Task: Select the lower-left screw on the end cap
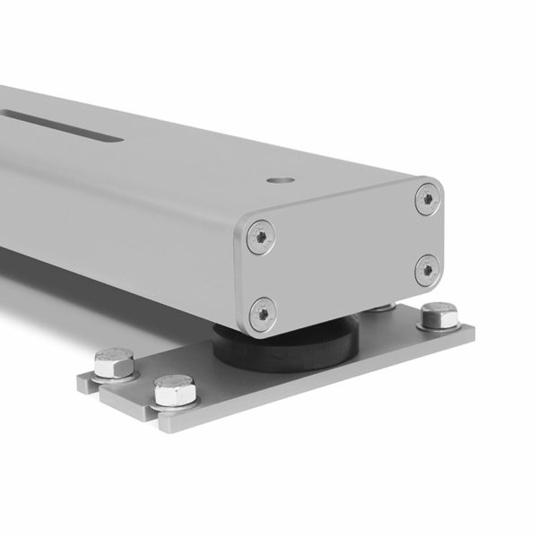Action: pos(263,312)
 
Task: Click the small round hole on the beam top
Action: pos(279,180)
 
